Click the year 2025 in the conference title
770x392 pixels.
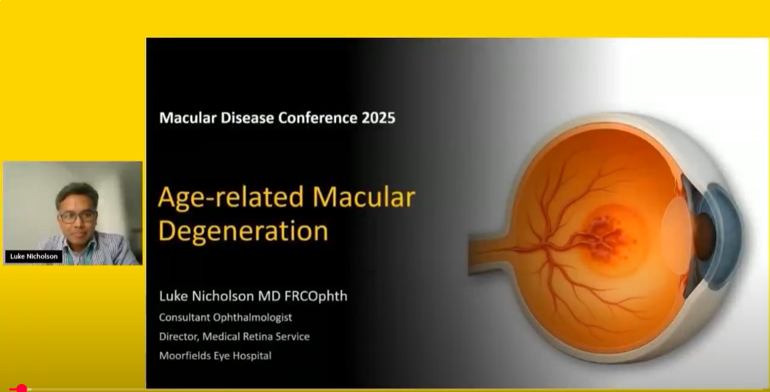(378, 118)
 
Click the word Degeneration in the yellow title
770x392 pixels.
(243, 231)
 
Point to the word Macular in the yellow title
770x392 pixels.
(364, 197)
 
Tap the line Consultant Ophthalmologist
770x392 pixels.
(225, 317)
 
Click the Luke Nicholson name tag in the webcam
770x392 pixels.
(34, 257)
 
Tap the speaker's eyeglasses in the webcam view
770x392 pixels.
(77, 217)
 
